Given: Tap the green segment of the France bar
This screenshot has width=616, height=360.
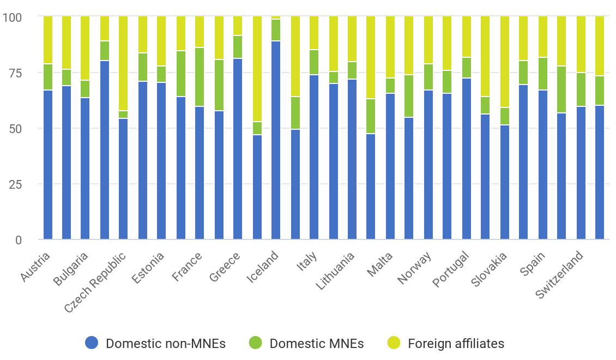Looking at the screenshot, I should (200, 77).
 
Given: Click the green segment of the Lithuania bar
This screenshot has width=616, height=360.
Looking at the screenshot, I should (352, 70).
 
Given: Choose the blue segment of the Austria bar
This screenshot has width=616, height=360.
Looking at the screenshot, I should (48, 164).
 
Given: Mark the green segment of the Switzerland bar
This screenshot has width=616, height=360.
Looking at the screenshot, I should (581, 89).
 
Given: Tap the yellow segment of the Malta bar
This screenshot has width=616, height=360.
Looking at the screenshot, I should (390, 47).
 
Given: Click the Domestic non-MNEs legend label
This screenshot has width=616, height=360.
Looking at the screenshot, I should (165, 344).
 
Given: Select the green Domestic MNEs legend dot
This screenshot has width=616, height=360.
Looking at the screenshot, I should (255, 343).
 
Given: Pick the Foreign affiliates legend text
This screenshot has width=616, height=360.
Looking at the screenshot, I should (456, 344).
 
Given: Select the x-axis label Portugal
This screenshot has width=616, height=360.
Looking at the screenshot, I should (451, 269).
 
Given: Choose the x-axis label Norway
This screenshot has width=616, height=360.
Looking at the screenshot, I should (415, 268).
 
